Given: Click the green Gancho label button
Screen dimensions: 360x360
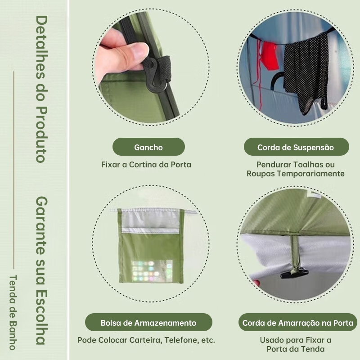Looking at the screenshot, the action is coord(148,147).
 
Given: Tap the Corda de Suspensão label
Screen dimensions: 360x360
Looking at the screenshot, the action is coord(296,147).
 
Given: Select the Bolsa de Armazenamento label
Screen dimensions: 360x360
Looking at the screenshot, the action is coord(148,322).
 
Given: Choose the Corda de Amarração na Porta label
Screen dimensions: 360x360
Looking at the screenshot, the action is coord(298,322).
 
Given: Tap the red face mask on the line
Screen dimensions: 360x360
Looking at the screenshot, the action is coord(271,55).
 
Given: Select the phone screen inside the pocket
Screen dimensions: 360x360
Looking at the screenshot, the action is coord(152,271).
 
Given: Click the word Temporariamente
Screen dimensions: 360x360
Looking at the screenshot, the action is coord(310,174).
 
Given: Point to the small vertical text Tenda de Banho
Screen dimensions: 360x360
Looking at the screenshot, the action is coord(13,312).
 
